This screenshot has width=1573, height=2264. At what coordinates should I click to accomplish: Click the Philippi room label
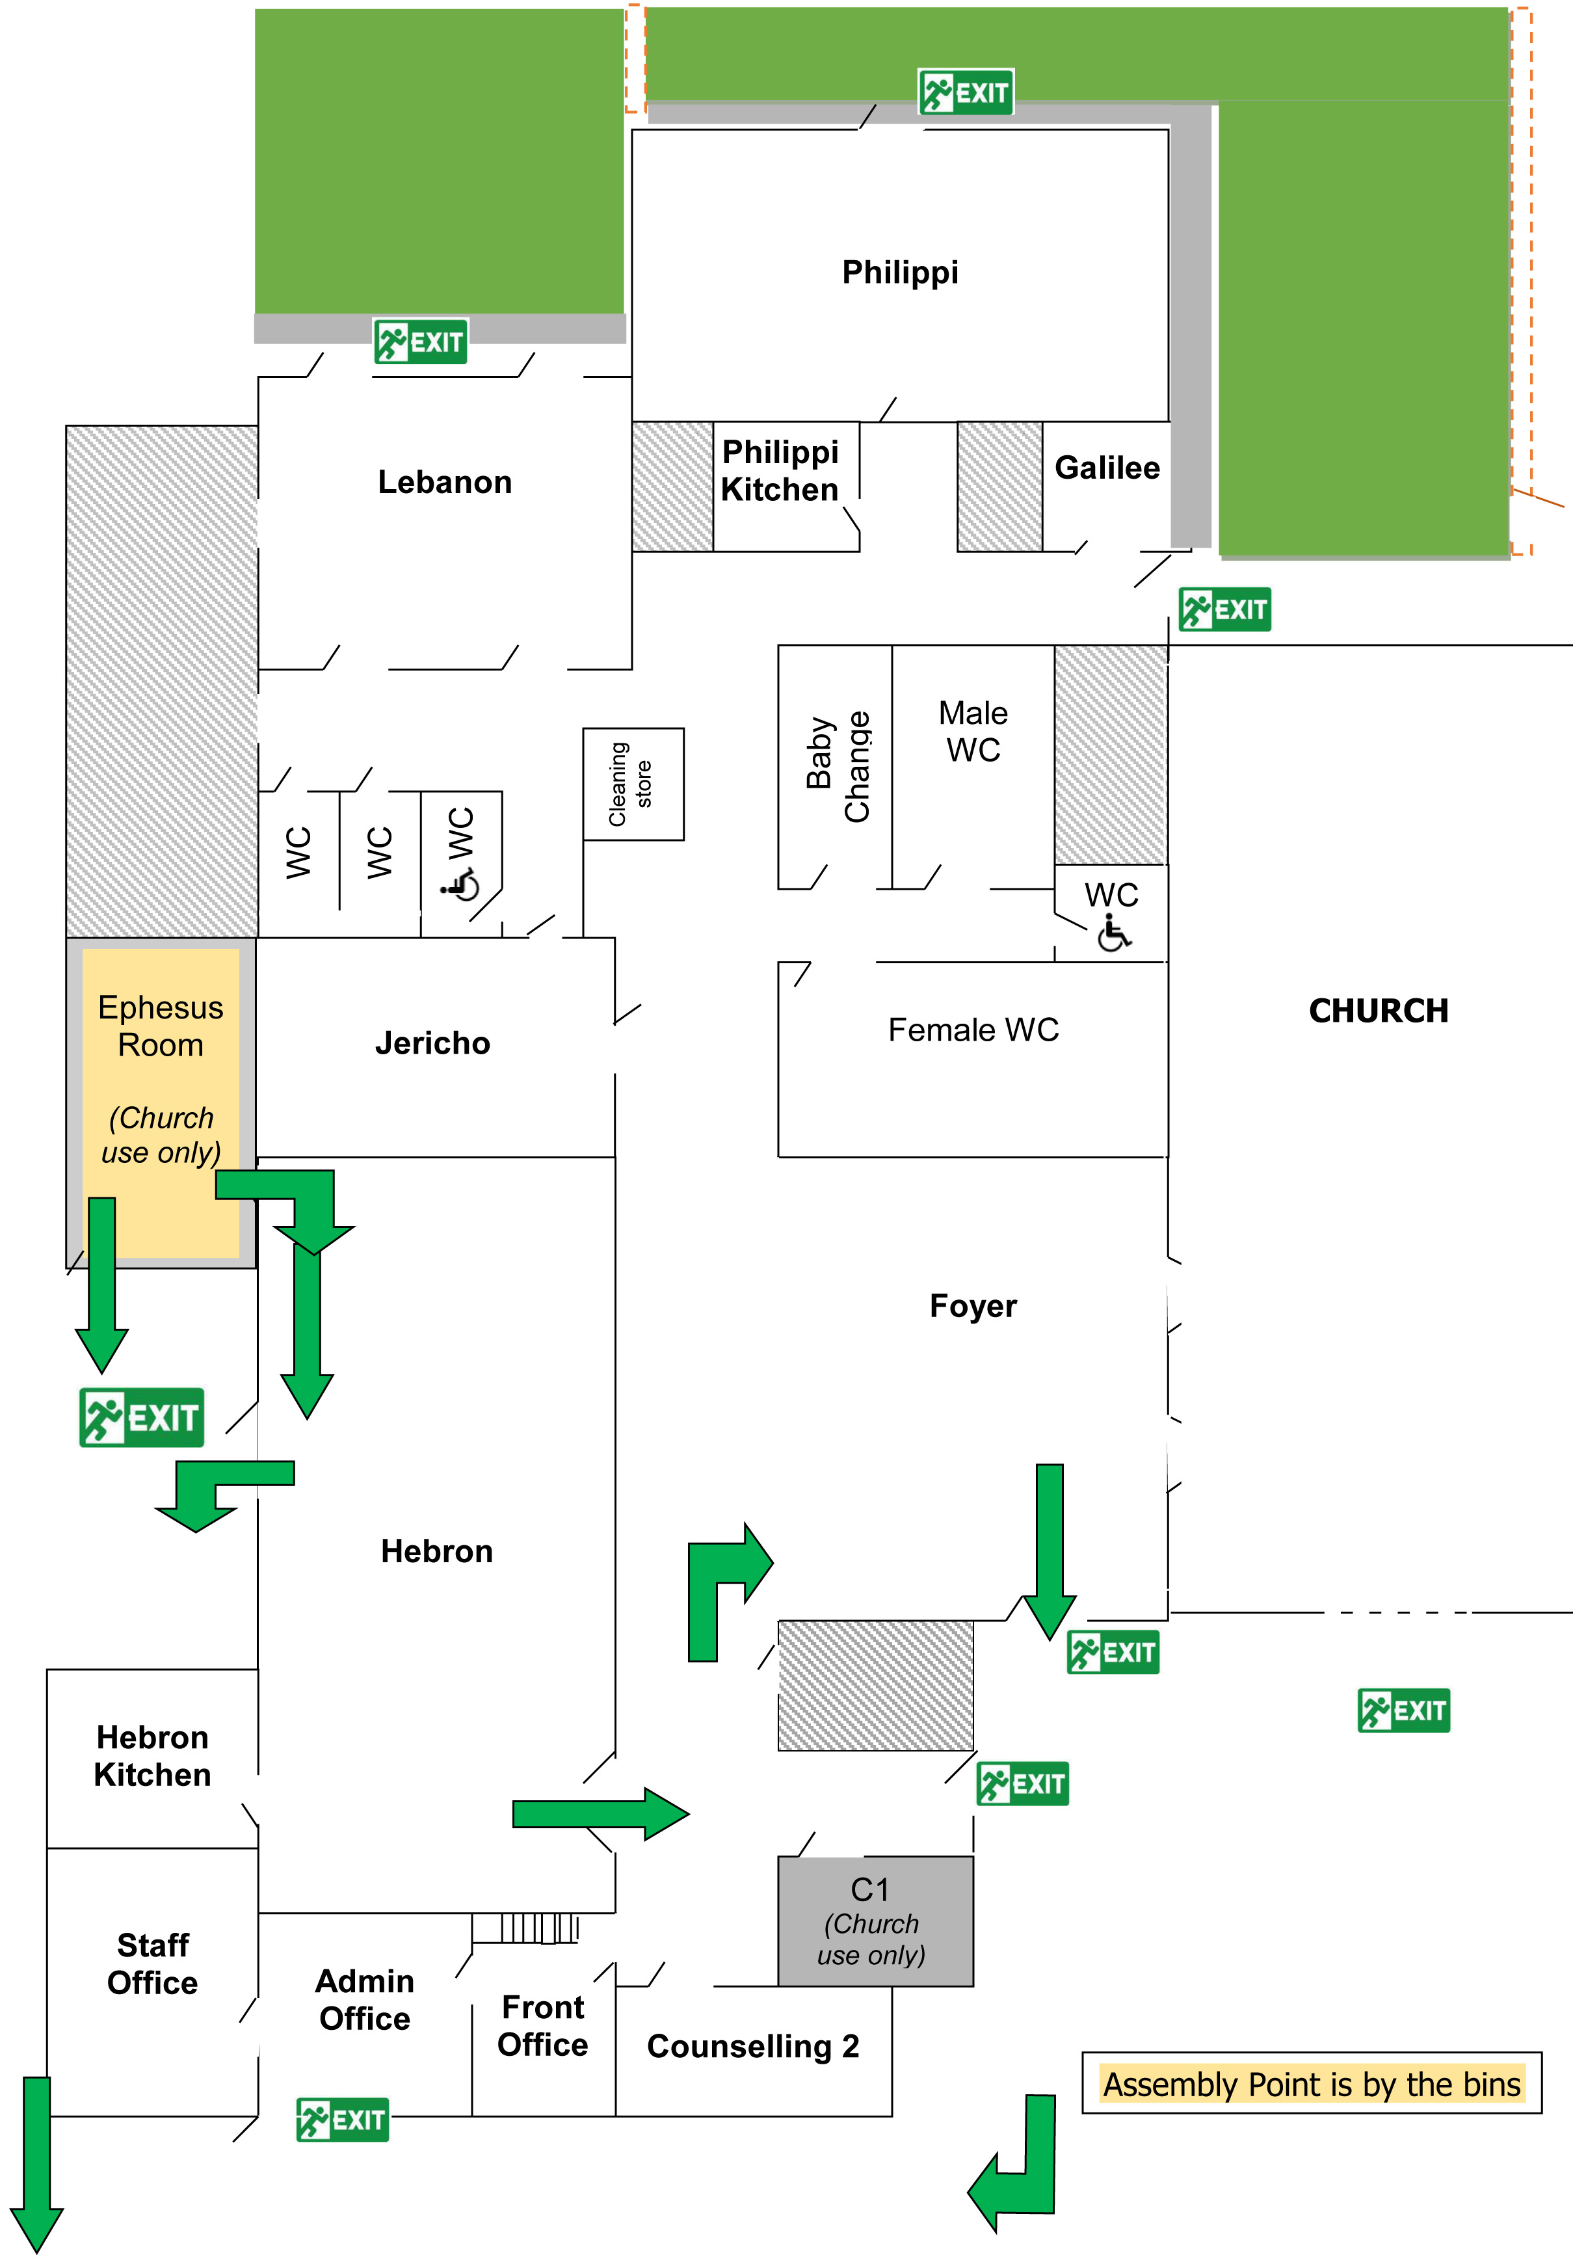pos(900,272)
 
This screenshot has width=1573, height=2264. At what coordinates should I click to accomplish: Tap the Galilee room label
pos(1107,467)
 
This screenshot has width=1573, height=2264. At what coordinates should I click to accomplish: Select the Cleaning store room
pos(632,784)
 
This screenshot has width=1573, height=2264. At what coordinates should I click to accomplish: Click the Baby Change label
pos(837,767)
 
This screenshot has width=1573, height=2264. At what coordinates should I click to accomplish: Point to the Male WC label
pos(973,730)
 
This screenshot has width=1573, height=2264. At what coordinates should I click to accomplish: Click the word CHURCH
pos(1378,1010)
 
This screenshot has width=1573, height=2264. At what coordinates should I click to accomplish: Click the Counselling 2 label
pos(753,2046)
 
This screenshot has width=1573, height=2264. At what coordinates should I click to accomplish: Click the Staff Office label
pos(153,1964)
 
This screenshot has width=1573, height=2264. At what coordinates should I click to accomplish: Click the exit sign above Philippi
pos(966,92)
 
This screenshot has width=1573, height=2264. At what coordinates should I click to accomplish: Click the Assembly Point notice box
pos(1311,2084)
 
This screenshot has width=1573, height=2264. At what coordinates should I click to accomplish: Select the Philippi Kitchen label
pos(780,471)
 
